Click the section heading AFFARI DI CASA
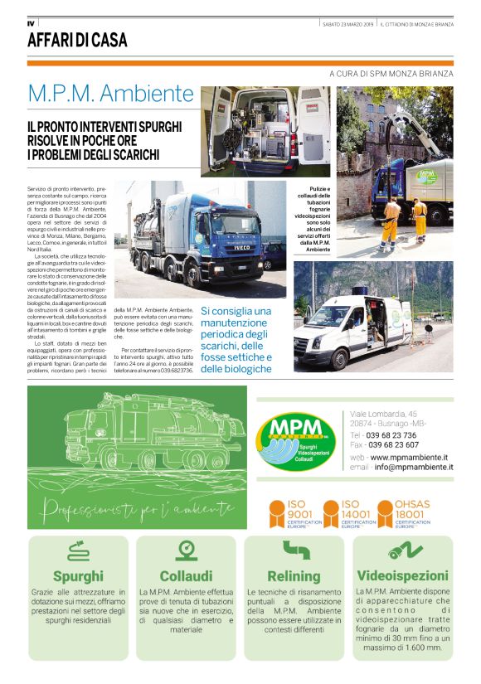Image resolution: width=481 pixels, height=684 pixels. point(77,40)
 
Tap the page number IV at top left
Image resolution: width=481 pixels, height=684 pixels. point(31,22)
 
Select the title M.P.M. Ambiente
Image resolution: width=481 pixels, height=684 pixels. point(110,91)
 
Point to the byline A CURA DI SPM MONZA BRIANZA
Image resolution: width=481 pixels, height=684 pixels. point(391,73)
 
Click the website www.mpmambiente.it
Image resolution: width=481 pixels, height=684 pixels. point(411,457)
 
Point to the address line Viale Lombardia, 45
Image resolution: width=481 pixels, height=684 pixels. point(383,414)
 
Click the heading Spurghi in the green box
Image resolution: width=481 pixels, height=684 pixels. point(78,575)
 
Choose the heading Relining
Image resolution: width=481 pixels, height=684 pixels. point(294,575)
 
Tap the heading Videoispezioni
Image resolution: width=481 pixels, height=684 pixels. point(401,575)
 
